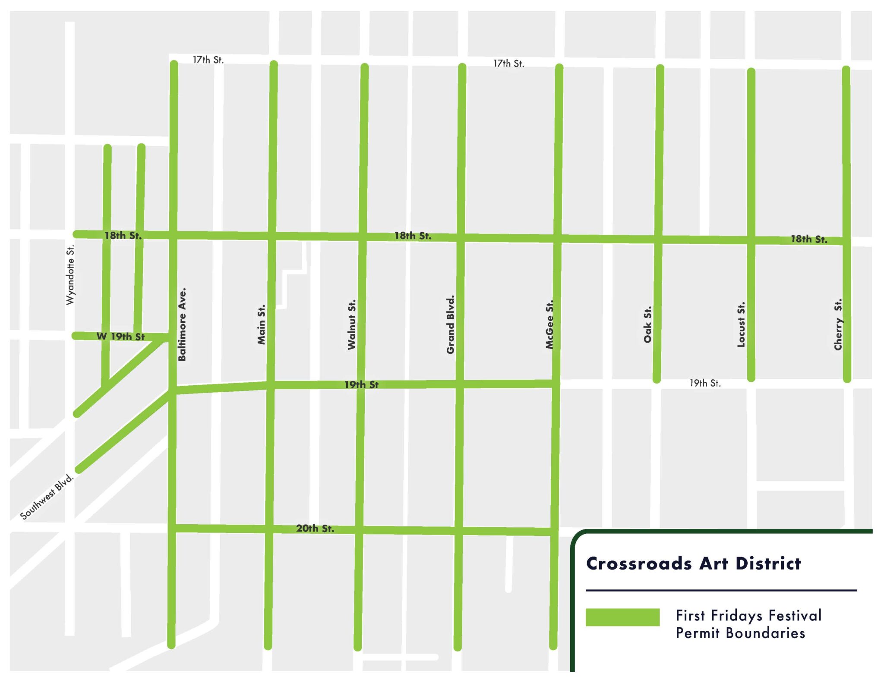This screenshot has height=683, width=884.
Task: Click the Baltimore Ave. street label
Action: [x=182, y=324]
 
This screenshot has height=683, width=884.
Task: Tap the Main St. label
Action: [x=261, y=324]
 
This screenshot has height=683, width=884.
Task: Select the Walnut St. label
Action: [x=352, y=324]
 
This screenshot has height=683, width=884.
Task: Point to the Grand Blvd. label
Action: [x=451, y=324]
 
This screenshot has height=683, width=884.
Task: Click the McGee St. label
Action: [x=549, y=324]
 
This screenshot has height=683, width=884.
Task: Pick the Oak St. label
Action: [x=647, y=324]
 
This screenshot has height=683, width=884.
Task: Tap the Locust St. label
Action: [x=741, y=324]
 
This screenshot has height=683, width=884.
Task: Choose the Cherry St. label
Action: [x=838, y=324]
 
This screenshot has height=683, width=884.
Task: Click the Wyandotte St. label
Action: [x=70, y=275]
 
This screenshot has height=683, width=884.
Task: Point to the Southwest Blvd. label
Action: [x=47, y=497]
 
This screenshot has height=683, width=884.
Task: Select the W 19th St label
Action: [x=120, y=337]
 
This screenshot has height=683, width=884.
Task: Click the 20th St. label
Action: [x=315, y=529]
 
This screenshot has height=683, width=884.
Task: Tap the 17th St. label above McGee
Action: [x=508, y=64]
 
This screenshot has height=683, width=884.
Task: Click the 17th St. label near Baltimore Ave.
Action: [x=208, y=60]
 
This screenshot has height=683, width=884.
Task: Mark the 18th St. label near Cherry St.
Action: [x=808, y=239]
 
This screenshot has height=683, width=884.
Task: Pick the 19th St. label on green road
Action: [x=361, y=384]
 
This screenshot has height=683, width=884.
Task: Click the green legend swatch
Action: [x=622, y=617]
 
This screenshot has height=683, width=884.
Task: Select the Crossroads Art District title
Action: [x=693, y=563]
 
